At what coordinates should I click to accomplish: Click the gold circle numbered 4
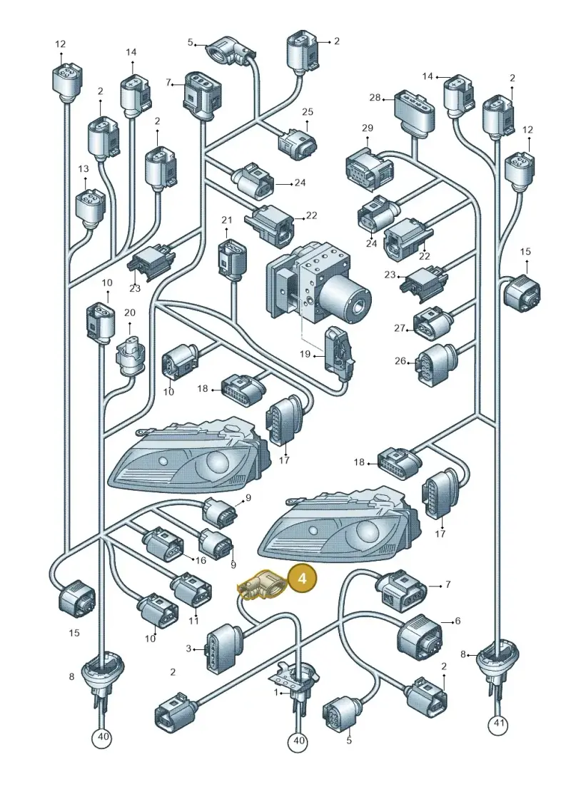click(302, 579)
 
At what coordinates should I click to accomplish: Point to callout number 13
click(84, 169)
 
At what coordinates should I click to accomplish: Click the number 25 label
click(308, 112)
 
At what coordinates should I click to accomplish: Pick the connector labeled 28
click(413, 112)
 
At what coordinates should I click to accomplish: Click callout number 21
click(227, 220)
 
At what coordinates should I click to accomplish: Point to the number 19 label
click(305, 354)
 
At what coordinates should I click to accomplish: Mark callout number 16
click(200, 560)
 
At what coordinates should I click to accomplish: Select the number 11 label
click(193, 621)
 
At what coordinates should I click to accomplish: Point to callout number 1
click(276, 693)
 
